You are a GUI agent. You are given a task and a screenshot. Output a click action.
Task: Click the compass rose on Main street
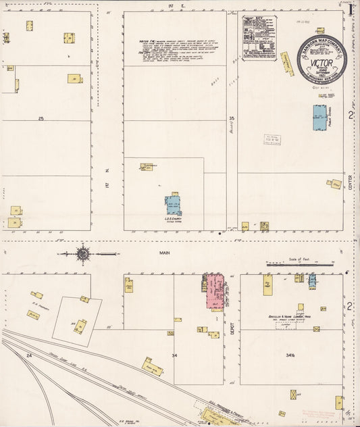coord(82,254)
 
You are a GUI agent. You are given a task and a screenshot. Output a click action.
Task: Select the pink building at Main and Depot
coord(216,291)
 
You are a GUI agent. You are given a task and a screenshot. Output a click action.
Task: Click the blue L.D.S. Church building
coord(173,205)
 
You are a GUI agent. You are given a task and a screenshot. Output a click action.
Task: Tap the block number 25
coord(41,118)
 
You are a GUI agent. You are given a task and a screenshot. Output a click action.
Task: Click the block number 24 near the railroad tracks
coord(29,355)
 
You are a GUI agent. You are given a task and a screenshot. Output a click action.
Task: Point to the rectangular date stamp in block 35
coord(272,140)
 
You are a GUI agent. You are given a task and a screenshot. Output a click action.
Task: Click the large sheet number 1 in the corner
coord(351,9)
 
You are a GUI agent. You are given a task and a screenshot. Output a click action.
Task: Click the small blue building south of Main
coord(312,280)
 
